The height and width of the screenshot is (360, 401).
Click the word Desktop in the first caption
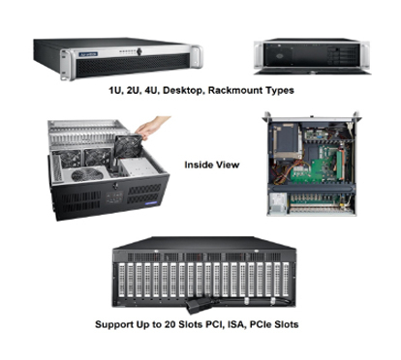(182, 91)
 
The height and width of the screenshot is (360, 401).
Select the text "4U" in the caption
(152, 91)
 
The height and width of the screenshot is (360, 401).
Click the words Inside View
(212, 165)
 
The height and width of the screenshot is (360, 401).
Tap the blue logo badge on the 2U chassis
(88, 54)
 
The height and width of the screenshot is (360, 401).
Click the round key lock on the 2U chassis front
(139, 51)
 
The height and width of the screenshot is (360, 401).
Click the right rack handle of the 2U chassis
(197, 56)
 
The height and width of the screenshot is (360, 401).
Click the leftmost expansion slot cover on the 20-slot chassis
(122, 280)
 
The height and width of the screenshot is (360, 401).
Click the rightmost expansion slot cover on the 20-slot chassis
(286, 280)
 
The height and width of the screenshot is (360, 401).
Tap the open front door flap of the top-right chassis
(312, 71)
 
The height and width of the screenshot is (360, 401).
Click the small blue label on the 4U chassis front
(151, 203)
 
